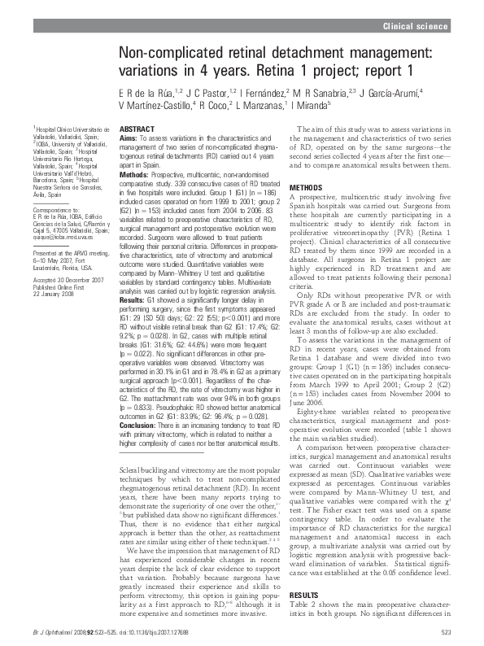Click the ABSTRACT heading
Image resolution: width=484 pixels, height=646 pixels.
pos(137,130)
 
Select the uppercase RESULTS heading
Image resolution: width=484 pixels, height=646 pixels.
pos(303,596)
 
